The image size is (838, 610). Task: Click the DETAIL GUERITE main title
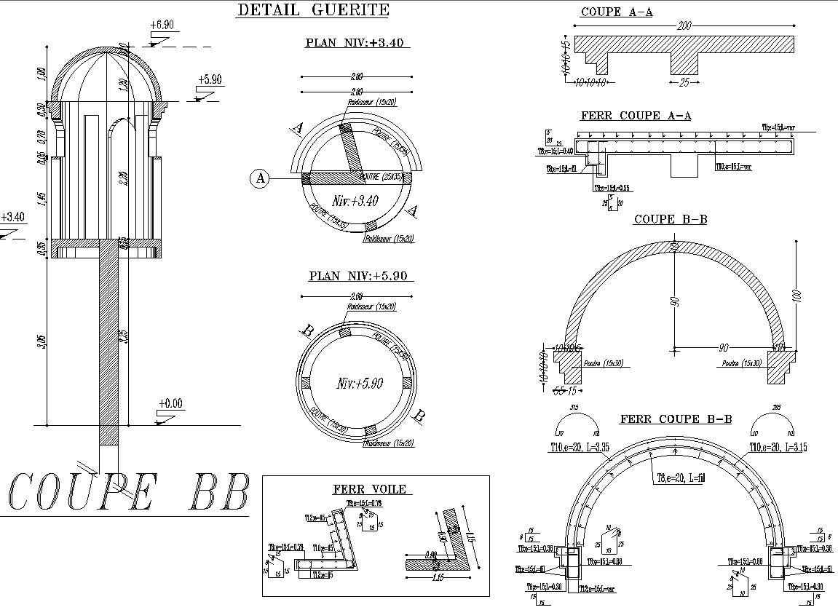coord(313,10)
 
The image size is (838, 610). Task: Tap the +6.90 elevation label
coord(162,25)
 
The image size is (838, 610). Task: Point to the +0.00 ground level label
coord(170,403)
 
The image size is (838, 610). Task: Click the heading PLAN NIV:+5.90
coord(357,276)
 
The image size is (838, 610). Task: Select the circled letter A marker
coord(260,177)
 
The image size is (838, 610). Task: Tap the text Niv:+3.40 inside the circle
coord(355,201)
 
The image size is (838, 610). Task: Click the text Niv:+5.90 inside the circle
coord(359,383)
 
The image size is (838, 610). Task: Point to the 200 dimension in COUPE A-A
coord(684,26)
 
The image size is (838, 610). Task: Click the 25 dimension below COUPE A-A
coord(684,83)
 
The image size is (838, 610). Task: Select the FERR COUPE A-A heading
coord(635,116)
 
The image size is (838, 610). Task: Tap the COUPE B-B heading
coord(670,219)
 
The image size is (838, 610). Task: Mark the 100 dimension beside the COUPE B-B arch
coord(797,296)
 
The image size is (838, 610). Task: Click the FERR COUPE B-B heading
coord(675,419)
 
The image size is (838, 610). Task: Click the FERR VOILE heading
coord(369,489)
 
